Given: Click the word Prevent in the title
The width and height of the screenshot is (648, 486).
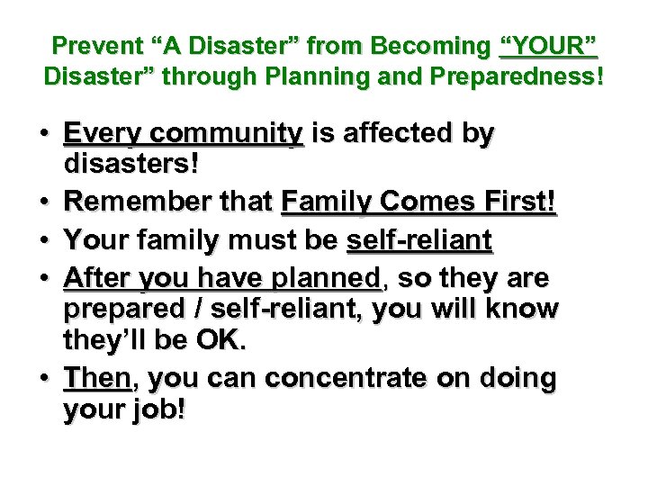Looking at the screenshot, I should pyautogui.click(x=90, y=45).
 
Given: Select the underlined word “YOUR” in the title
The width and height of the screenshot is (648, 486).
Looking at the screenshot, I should pyautogui.click(x=548, y=45).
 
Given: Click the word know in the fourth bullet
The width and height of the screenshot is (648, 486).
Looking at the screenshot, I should pyautogui.click(x=525, y=309).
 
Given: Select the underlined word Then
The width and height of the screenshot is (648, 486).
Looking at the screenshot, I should pyautogui.click(x=96, y=379).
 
